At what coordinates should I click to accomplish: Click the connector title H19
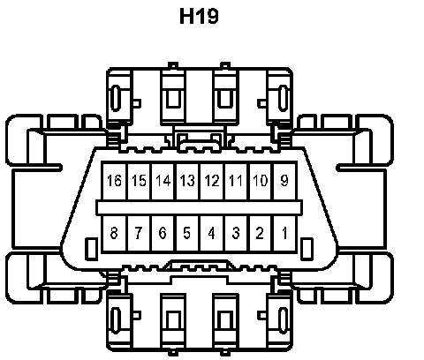pos(199,17)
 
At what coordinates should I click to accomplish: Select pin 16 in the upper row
pos(115,181)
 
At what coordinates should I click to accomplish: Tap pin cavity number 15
pos(140,181)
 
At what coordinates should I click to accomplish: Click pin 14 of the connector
pos(163,181)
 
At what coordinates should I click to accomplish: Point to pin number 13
pos(188,181)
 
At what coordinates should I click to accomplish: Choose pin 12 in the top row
pos(213,181)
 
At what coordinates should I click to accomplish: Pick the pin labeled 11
pos(237,181)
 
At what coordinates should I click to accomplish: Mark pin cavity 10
pos(261,181)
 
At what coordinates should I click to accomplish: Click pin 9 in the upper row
pos(284,181)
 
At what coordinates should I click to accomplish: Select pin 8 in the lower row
pos(115,234)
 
